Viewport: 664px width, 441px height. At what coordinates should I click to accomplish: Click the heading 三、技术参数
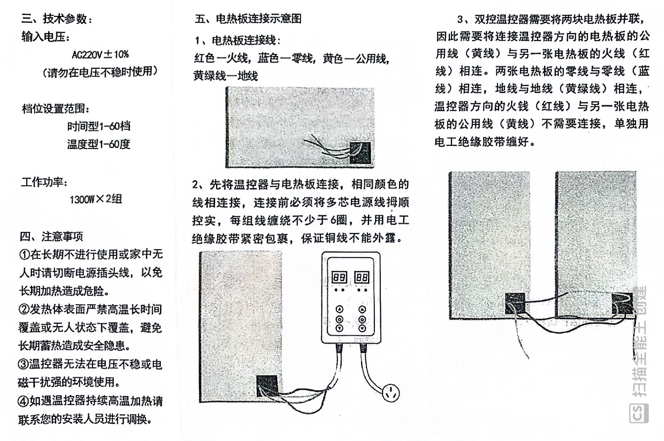[x=57, y=19]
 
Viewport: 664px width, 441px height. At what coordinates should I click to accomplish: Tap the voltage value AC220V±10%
[x=100, y=54]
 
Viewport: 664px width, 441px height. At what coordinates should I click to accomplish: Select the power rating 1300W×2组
[x=96, y=199]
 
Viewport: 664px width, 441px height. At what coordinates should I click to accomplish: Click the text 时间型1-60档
[x=99, y=126]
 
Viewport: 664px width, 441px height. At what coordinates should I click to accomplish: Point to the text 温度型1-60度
[x=99, y=144]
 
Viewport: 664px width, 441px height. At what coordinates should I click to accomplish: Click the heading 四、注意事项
[x=52, y=236]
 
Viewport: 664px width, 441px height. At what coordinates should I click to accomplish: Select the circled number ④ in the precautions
[x=24, y=401]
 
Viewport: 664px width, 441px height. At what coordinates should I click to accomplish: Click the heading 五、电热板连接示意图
[x=248, y=19]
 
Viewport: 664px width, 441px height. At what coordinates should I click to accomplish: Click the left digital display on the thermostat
[x=339, y=277]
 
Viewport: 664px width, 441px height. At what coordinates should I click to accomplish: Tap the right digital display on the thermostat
[x=362, y=277]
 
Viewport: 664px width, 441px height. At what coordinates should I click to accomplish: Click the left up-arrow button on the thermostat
[x=340, y=309]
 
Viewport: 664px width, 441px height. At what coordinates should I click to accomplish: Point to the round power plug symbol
[x=391, y=393]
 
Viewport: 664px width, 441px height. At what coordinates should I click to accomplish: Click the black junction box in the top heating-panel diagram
[x=360, y=153]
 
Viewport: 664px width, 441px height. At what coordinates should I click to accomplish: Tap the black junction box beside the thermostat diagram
[x=267, y=386]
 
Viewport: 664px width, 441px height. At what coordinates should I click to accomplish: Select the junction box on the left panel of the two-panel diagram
[x=515, y=303]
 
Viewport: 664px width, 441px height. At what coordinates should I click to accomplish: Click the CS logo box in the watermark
[x=638, y=413]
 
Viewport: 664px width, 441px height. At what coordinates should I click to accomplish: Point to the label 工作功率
[x=44, y=182]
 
